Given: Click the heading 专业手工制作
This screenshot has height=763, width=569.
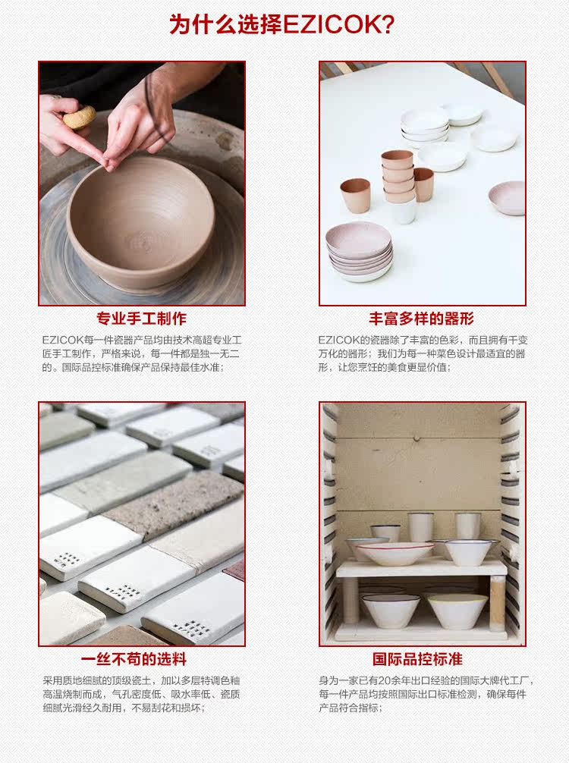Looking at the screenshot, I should [141, 319].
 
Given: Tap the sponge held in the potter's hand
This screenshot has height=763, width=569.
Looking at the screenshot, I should [79, 117].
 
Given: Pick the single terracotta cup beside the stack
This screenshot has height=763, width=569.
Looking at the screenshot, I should [355, 196].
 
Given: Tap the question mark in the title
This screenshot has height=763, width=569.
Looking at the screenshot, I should [386, 25].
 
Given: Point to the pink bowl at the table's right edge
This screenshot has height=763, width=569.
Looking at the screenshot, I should [508, 197].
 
